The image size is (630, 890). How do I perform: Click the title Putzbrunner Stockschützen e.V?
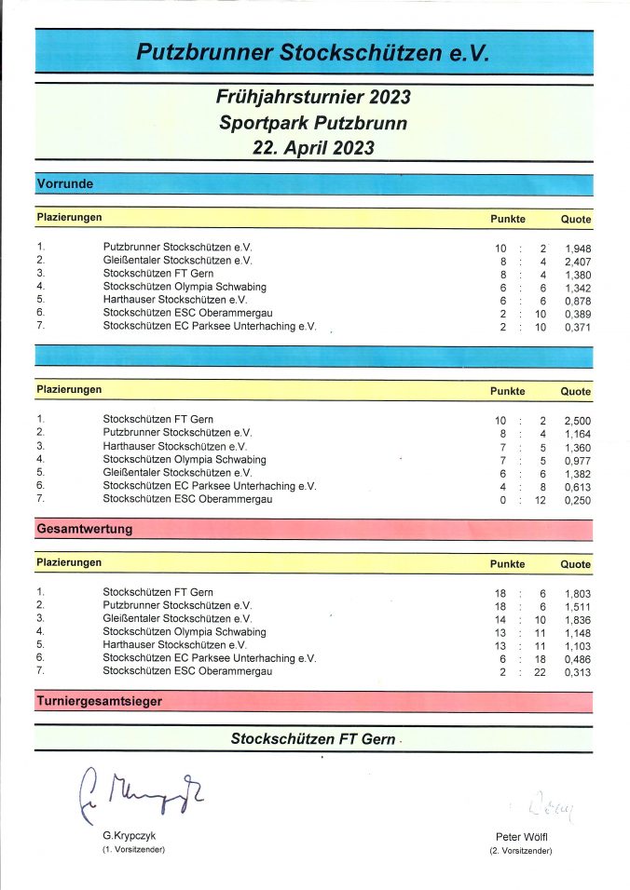tap(313, 53)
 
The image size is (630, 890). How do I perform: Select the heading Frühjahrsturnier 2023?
tap(313, 98)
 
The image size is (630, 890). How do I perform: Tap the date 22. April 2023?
tap(313, 148)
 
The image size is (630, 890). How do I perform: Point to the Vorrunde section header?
tap(64, 184)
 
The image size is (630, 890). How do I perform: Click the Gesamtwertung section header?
tap(84, 529)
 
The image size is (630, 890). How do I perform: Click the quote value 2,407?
tap(577, 262)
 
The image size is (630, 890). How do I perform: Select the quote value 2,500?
tap(577, 421)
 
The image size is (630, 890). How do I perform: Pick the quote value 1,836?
tap(577, 619)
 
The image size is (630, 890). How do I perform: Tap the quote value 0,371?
tap(577, 328)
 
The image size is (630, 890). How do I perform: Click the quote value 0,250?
tap(577, 500)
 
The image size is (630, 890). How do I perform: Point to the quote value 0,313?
tap(577, 672)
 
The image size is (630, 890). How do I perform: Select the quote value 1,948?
tap(577, 249)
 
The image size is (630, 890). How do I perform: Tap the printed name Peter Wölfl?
tap(521, 838)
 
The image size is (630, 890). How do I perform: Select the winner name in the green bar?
tap(314, 738)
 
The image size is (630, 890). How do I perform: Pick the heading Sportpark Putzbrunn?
tap(313, 123)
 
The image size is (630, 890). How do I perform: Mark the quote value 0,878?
tap(577, 301)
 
